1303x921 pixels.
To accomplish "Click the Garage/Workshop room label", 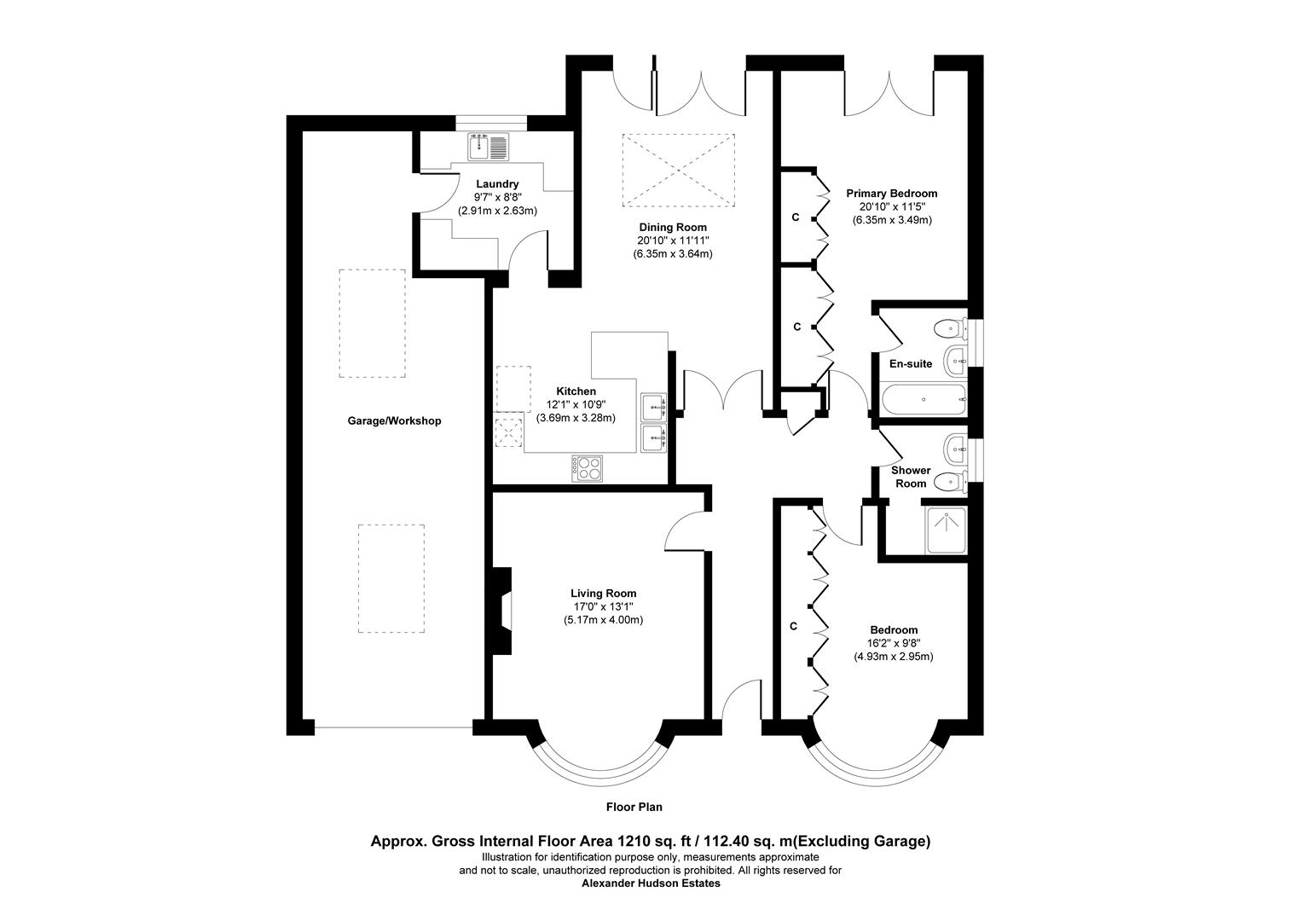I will click(394, 421).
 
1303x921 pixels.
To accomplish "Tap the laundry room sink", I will click(488, 148).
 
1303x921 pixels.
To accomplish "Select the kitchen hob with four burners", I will click(588, 467).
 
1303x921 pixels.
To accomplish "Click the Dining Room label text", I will click(673, 227).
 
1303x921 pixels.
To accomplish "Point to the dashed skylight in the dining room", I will click(679, 169).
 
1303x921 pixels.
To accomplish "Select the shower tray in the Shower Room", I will click(946, 530).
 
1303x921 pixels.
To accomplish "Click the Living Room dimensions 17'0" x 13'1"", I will click(603, 607).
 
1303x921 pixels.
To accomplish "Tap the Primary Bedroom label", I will click(891, 194).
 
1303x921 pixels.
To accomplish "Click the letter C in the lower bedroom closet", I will click(793, 627).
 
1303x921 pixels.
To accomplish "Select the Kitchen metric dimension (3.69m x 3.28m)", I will click(576, 418).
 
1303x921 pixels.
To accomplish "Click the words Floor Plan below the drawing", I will click(634, 807).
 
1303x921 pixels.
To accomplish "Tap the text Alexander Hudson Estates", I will click(651, 883).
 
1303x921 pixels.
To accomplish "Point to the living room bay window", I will click(600, 767).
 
